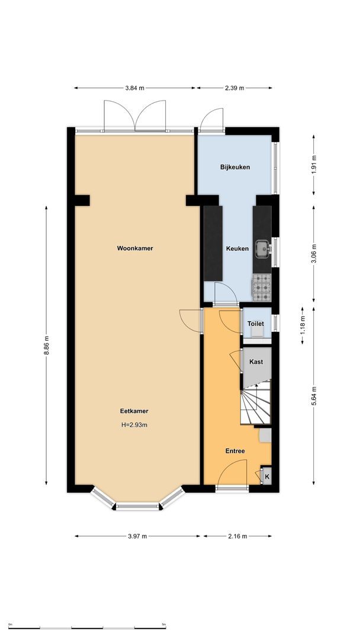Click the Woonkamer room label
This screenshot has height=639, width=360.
135,248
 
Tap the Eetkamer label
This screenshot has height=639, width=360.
134,411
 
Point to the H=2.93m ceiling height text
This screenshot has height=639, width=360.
134,424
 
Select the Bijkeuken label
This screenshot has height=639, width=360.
235,167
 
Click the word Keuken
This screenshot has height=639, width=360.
237,249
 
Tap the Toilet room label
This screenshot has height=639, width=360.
255,324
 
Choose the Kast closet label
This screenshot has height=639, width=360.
256,362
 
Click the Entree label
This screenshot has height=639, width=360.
235,451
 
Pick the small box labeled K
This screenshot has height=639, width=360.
266,477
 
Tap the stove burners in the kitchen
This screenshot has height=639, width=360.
262,287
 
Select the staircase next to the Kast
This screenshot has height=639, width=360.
256,402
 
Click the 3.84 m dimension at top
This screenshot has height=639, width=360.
135,88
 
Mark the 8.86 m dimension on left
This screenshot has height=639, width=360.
47,345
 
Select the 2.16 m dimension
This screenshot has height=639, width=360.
238,536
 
